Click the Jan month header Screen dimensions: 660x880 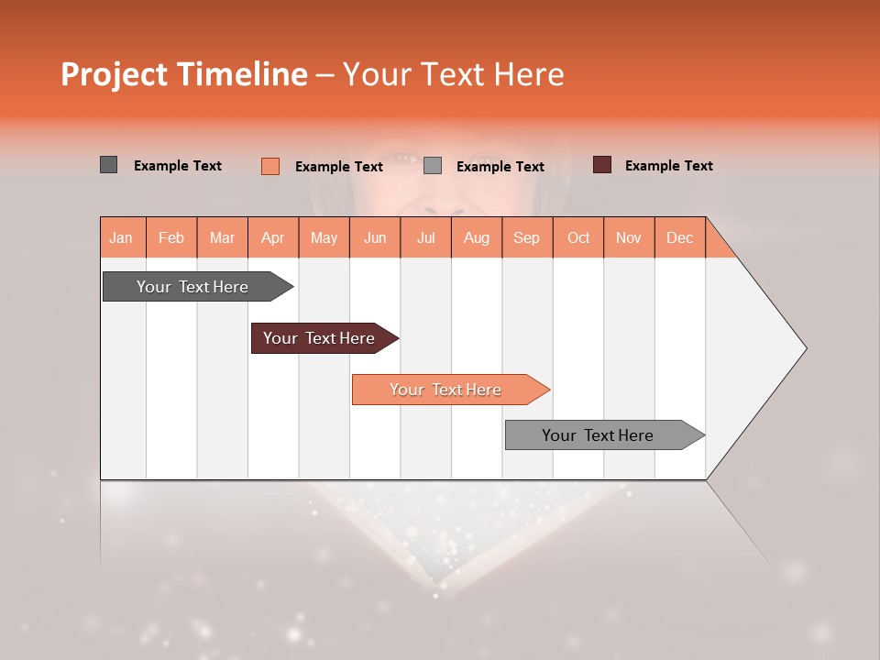click(122, 237)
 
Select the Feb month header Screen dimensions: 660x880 click(171, 237)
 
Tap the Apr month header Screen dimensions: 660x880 click(273, 237)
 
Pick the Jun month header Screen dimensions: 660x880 click(375, 237)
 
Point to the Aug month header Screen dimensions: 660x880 click(477, 237)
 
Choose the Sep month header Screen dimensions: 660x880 click(527, 237)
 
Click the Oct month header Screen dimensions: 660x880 click(578, 237)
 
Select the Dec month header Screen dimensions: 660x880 click(680, 237)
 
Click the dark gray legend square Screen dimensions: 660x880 click(109, 165)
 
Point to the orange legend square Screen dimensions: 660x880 click(270, 166)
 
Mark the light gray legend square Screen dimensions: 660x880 click(433, 166)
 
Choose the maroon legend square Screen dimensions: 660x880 click(602, 165)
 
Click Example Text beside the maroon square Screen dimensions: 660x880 click(668, 166)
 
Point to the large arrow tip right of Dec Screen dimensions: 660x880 click(770, 348)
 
